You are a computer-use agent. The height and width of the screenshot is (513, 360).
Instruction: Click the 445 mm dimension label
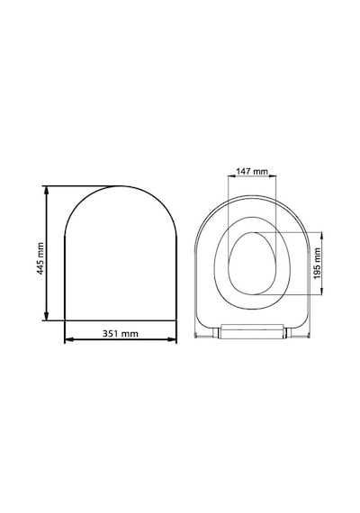pos(40,258)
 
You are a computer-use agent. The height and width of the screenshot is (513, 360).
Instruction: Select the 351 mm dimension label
pos(121,333)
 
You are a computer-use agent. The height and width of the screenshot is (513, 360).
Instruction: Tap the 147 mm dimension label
pos(252,171)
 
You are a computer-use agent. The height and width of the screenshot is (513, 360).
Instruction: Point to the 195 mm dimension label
pos(317,264)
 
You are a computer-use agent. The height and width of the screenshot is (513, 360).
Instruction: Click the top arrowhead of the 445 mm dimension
pos(47,191)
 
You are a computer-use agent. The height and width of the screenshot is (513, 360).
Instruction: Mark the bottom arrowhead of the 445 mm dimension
pos(47,316)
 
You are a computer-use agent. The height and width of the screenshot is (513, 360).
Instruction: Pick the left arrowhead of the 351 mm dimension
pos(69,339)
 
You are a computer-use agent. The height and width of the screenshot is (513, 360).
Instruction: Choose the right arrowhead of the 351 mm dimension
pos(172,339)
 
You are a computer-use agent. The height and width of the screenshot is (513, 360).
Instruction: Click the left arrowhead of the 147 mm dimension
pos(231,176)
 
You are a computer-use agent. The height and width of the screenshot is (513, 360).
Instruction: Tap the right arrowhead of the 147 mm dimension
pos(273,176)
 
